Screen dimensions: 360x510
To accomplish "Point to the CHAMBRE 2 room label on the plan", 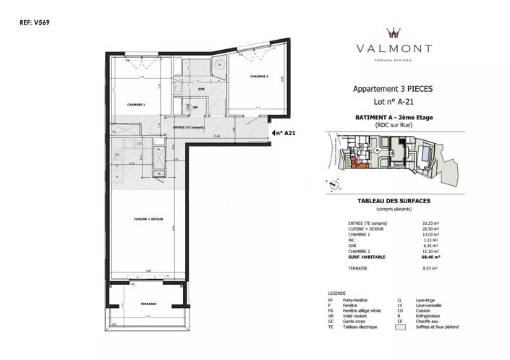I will click(x=260, y=77).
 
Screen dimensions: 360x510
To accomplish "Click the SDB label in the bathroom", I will click(x=201, y=89).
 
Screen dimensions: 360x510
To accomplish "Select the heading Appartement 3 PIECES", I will click(x=392, y=88).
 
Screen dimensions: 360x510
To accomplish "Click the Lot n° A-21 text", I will click(x=392, y=103).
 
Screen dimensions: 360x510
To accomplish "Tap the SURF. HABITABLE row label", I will click(x=370, y=257).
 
